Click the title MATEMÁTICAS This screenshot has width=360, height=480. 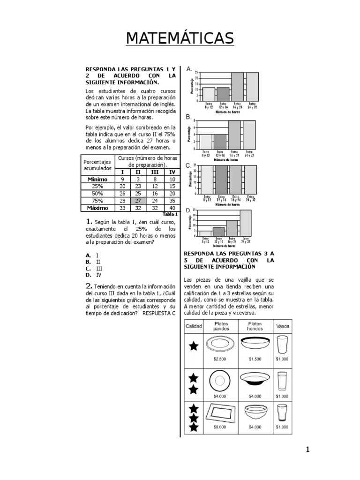pyautogui.click(x=180, y=38)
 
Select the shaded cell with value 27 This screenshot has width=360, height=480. pyautogui.click(x=138, y=200)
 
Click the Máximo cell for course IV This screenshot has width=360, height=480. pyautogui.click(x=172, y=208)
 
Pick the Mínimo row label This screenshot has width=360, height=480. pyautogui.click(x=97, y=179)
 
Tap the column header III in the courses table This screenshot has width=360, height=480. pyautogui.click(x=155, y=172)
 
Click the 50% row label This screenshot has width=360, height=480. pyautogui.click(x=97, y=193)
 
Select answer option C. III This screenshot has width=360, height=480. pyautogui.click(x=94, y=269)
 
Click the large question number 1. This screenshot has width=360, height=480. pyautogui.click(x=88, y=221)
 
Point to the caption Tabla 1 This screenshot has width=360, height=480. pyautogui.click(x=169, y=214)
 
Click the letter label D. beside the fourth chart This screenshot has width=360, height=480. pyautogui.click(x=188, y=210)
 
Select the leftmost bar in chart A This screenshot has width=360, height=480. pyautogui.click(x=209, y=94)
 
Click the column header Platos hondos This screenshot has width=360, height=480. pyautogui.click(x=255, y=326)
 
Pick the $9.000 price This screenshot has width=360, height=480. pyautogui.click(x=219, y=427)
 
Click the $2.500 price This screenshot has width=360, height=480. pyautogui.click(x=219, y=359)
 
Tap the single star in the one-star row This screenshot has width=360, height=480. pyautogui.click(x=193, y=346)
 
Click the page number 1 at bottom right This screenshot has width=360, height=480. pyautogui.click(x=307, y=450)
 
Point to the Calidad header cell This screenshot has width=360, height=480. pyautogui.click(x=193, y=326)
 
